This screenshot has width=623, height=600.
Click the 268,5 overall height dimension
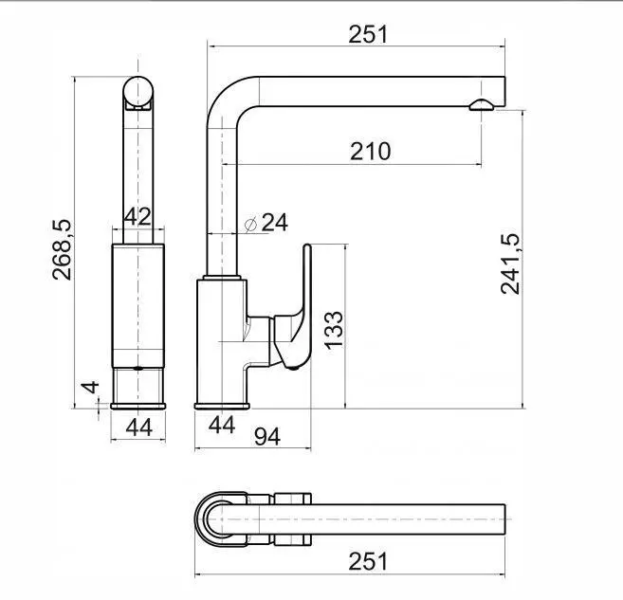click(x=62, y=250)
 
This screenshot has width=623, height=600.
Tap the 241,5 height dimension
click(x=510, y=264)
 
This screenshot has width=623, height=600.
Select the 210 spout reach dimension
click(x=371, y=152)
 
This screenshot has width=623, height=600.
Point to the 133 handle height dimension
click(x=334, y=331)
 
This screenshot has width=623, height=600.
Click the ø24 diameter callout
click(x=266, y=223)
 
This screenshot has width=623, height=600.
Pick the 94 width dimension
click(x=267, y=436)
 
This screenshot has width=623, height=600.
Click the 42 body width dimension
click(x=137, y=216)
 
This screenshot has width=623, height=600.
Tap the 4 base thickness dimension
click(x=91, y=387)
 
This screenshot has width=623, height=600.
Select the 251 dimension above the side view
click(x=368, y=34)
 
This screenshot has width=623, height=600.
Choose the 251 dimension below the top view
click(x=368, y=562)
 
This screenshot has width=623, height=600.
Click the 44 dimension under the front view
click(x=139, y=427)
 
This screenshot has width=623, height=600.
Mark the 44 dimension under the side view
click(x=222, y=426)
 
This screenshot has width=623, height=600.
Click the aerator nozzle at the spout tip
click(x=482, y=104)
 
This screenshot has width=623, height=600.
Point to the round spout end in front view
click(x=137, y=92)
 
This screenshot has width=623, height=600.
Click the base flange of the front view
click(x=137, y=406)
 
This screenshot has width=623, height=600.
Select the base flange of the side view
click(x=222, y=406)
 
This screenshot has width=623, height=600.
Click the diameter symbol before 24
click(x=250, y=225)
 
